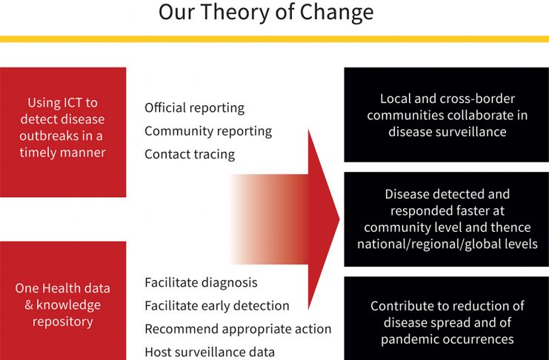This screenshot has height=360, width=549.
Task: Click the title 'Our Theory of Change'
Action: (x=266, y=12)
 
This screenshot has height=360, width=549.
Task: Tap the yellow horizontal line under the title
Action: (x=274, y=39)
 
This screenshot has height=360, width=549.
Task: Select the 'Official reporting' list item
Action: (x=194, y=108)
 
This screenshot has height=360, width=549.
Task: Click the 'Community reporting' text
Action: (x=208, y=131)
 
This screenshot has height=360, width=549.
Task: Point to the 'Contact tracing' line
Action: (x=190, y=154)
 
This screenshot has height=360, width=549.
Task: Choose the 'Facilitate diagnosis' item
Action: (x=201, y=283)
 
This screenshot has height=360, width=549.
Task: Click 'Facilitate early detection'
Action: (x=217, y=306)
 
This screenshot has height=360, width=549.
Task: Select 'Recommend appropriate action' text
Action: (x=238, y=329)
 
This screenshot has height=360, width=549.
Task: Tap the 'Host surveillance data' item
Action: (x=210, y=353)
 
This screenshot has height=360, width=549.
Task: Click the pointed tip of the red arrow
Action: (x=339, y=219)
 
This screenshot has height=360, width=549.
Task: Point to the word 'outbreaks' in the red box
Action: (x=49, y=136)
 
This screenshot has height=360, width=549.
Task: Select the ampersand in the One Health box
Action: (x=29, y=305)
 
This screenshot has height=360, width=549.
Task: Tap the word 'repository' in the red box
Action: (x=63, y=321)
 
